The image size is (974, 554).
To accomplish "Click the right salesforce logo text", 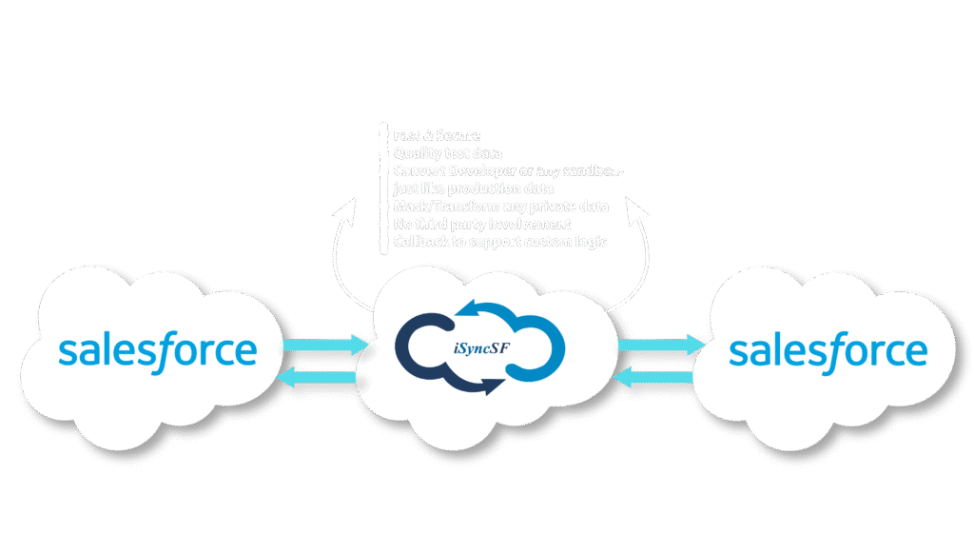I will (828, 349).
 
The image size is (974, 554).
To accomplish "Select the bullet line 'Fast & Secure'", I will (437, 136).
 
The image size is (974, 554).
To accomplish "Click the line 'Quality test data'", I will (447, 153).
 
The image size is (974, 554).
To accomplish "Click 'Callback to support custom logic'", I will (499, 242).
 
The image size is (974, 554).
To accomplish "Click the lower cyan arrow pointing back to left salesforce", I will (320, 378).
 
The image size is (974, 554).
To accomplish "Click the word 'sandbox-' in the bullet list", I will (592, 170).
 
